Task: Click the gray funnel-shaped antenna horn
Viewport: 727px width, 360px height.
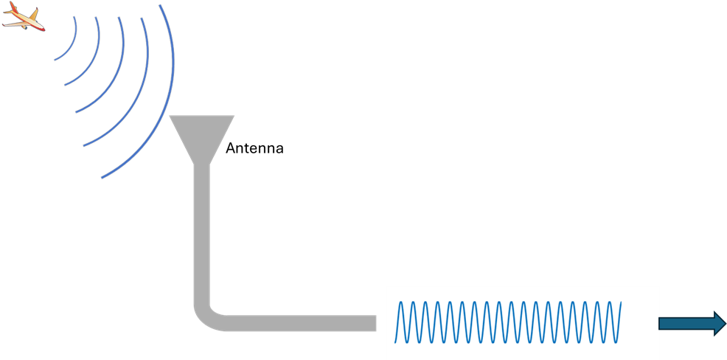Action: click(202, 136)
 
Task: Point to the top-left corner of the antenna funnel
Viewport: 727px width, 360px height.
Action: click(170, 117)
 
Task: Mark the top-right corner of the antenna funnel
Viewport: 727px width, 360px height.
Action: click(234, 117)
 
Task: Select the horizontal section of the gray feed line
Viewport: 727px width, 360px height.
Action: click(295, 323)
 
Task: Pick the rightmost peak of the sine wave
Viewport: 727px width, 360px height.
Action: click(618, 302)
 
